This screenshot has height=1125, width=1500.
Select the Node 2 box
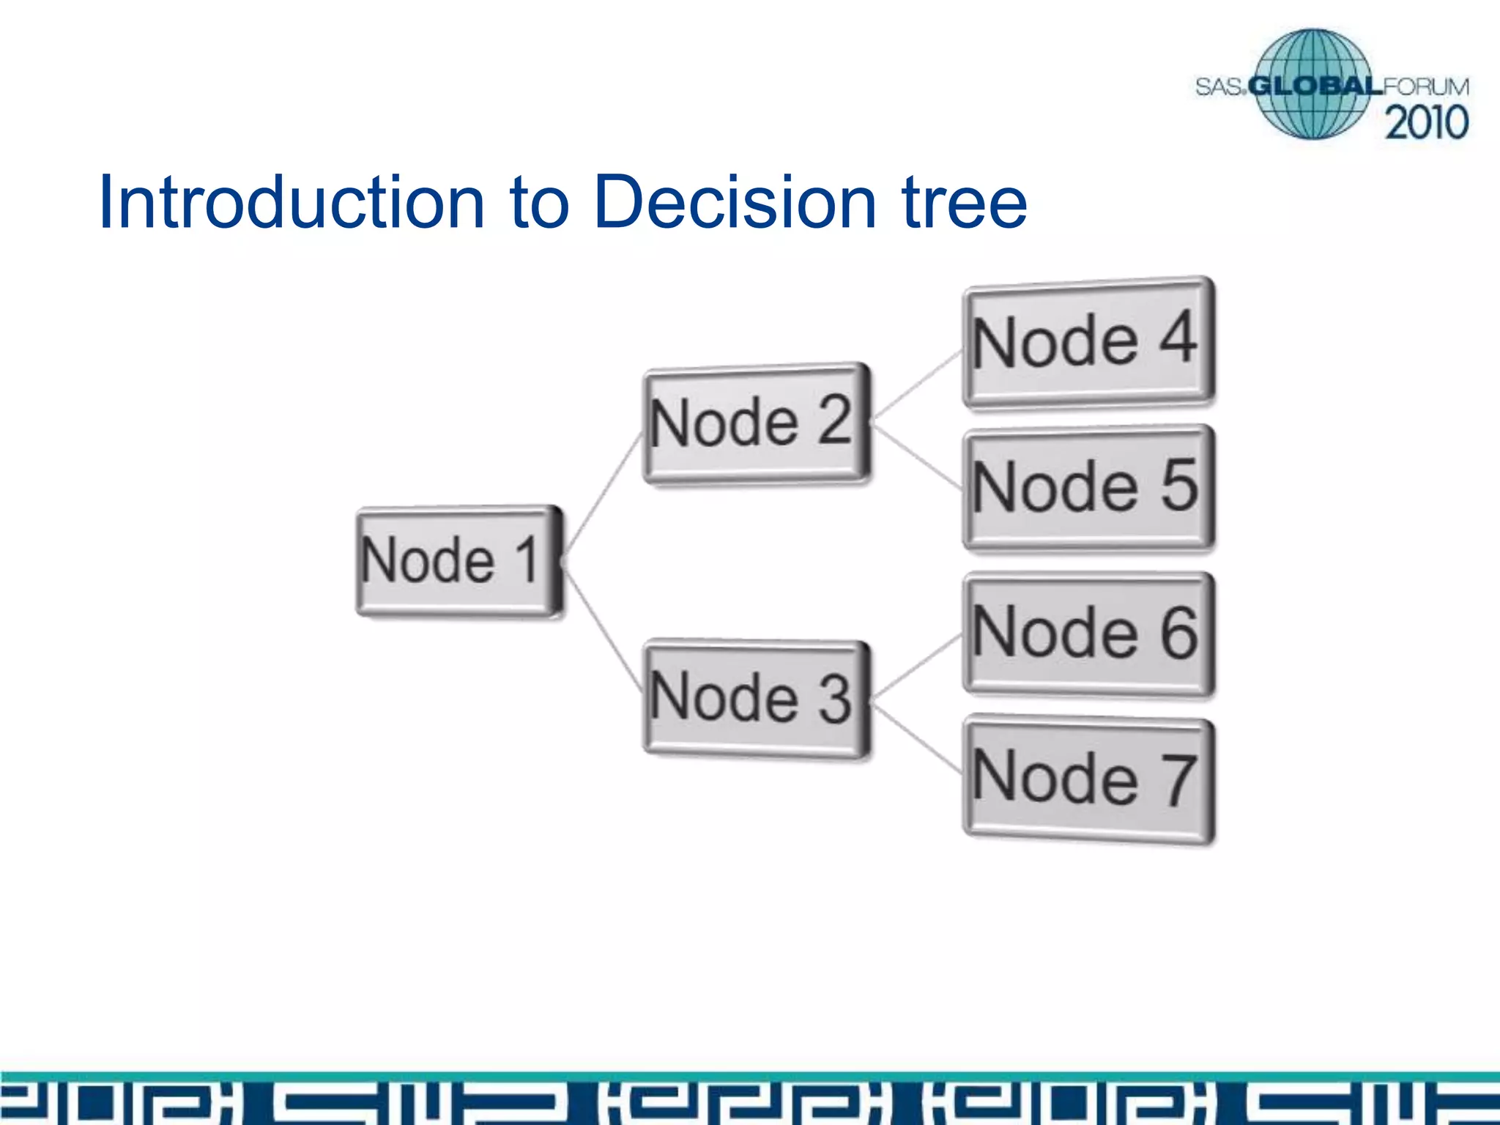(757, 423)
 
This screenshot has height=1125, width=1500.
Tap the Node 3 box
(757, 699)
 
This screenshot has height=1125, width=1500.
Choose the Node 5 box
(1088, 487)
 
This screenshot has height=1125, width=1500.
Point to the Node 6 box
(1088, 634)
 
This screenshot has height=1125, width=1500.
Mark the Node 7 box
(1088, 780)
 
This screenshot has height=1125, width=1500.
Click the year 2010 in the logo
(1426, 122)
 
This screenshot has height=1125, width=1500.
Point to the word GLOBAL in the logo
(1315, 87)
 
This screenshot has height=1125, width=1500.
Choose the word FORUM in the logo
(1425, 87)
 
